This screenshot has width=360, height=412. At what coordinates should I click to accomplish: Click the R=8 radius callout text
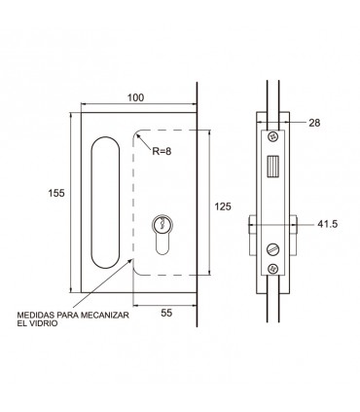point(162,151)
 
